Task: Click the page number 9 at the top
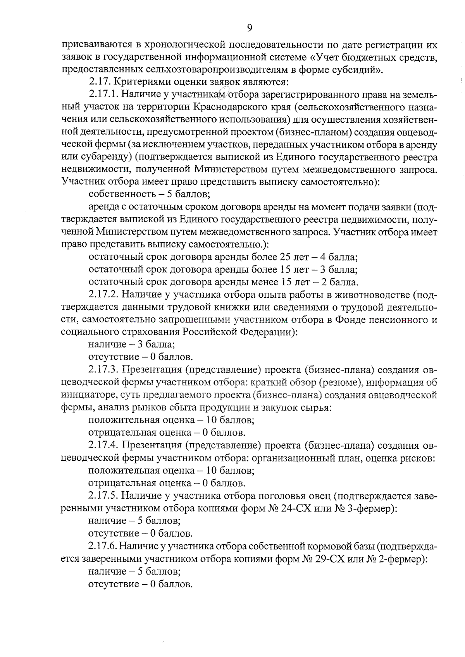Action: tap(249, 27)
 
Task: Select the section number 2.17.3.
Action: tap(103, 370)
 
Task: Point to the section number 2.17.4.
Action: tap(103, 445)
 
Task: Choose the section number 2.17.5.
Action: tap(103, 496)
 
